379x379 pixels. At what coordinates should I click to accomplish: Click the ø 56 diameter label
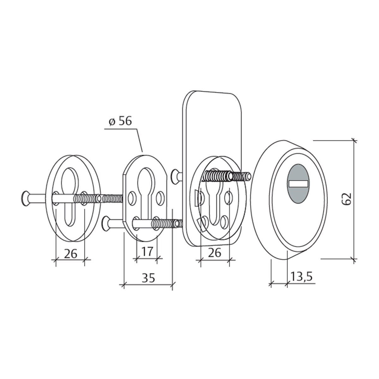pyautogui.click(x=120, y=121)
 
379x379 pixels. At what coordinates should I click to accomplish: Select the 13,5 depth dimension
pyautogui.click(x=301, y=276)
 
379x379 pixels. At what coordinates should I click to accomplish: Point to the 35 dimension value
pyautogui.click(x=148, y=278)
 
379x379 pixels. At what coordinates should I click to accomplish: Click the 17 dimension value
pyautogui.click(x=147, y=251)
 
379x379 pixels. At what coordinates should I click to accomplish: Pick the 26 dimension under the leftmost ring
pyautogui.click(x=70, y=254)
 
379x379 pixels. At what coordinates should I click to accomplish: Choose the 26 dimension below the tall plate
pyautogui.click(x=214, y=253)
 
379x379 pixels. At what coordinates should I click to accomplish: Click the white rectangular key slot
pyautogui.click(x=298, y=184)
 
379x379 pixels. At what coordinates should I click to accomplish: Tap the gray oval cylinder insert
pyautogui.click(x=298, y=183)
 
